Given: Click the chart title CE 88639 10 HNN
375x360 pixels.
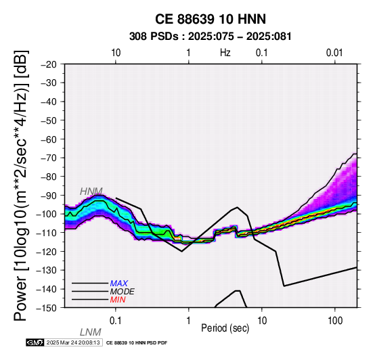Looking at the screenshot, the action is (x=211, y=19).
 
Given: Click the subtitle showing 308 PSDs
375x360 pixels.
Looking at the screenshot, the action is (x=211, y=37).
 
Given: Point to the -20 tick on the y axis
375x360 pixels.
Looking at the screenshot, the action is (x=48, y=64).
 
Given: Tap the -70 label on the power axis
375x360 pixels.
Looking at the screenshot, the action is (x=48, y=158).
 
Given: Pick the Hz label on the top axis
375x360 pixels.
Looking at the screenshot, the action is (x=225, y=53).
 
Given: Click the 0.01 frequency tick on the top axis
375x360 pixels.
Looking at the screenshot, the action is (x=334, y=53).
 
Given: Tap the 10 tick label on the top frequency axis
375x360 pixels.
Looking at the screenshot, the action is (x=116, y=53).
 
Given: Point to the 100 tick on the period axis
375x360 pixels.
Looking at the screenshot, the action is (x=335, y=321).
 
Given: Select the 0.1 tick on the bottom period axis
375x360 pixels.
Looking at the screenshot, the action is (x=116, y=321).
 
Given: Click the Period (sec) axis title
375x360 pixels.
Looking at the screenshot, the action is (x=225, y=328).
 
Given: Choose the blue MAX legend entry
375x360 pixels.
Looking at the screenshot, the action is (x=119, y=284).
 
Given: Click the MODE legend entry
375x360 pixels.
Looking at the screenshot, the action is (x=123, y=292).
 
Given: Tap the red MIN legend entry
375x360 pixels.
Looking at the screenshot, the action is (x=118, y=300).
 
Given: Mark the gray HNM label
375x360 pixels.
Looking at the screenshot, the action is (x=91, y=192).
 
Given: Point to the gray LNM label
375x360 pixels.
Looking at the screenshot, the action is (x=91, y=332).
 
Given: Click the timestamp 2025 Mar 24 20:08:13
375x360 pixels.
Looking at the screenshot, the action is (x=73, y=342).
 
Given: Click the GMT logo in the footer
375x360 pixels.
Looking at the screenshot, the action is (x=35, y=342).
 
